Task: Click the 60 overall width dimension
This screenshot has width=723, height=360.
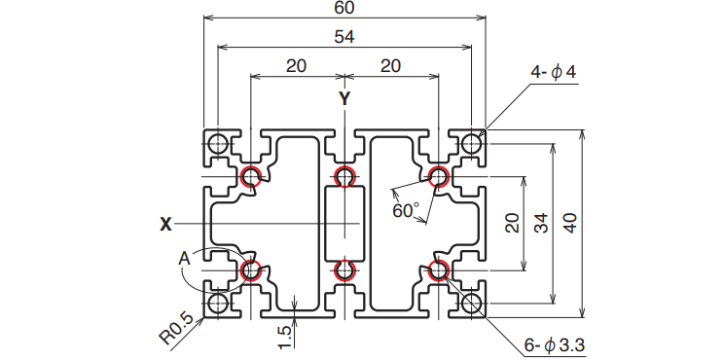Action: (344, 9)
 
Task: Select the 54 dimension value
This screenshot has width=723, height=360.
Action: (344, 37)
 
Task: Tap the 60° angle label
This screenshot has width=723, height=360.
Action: (406, 211)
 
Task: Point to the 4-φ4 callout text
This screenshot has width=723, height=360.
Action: (554, 73)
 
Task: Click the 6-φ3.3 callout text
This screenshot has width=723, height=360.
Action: (555, 344)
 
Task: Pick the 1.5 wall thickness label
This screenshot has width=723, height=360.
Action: (285, 337)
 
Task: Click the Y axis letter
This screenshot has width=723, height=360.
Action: (344, 98)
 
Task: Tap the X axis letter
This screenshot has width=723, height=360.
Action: (165, 225)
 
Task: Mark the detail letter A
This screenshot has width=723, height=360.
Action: (185, 259)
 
